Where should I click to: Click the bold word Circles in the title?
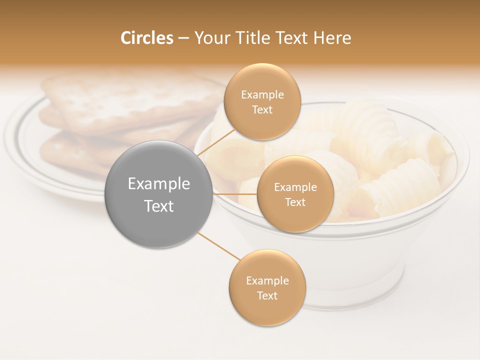146,38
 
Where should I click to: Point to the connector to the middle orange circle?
235,193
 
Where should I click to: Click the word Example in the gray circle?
158,184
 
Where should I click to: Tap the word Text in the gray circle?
158,206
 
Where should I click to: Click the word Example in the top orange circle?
262,95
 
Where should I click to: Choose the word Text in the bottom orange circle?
267,295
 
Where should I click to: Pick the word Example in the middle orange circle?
295,187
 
